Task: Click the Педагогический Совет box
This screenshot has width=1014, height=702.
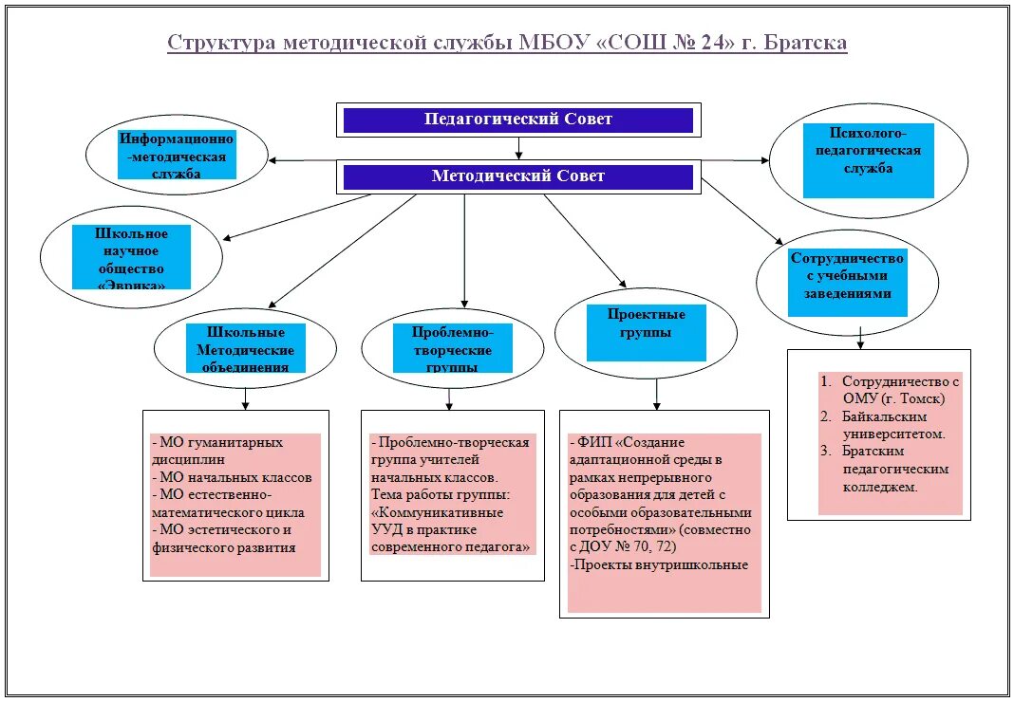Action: coord(517,120)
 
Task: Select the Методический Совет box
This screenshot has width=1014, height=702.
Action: coord(517,176)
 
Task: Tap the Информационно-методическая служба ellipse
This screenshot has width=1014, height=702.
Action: coord(177,157)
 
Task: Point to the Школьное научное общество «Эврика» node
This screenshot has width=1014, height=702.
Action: coord(131,258)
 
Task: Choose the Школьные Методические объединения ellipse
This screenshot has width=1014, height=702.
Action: coord(245,347)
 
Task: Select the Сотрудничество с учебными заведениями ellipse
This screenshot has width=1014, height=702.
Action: coord(847,282)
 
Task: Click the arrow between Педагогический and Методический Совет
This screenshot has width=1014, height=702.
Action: coord(518,147)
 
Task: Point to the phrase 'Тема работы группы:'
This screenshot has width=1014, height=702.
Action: coord(440,495)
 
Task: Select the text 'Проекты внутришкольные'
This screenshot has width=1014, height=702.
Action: coord(660,565)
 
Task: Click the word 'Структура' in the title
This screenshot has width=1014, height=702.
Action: coord(219,44)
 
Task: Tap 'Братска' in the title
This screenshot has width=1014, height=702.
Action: coord(807,44)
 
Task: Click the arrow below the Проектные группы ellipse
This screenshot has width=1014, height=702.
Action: coord(655,395)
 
